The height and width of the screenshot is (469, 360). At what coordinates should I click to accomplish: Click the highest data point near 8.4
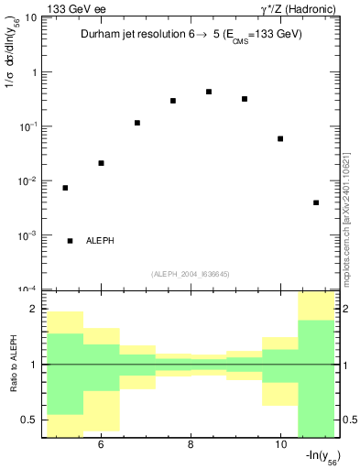point(209,92)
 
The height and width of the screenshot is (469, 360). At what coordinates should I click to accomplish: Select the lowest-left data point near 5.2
point(65,188)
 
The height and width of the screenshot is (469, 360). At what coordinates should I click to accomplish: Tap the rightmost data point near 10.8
point(316,202)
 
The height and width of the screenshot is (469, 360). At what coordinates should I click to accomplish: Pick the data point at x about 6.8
point(137,123)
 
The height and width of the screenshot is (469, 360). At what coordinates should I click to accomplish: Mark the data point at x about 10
point(280,138)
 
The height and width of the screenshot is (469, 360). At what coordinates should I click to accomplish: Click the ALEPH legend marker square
point(71,240)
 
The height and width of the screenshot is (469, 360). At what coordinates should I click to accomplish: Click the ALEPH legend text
point(100,240)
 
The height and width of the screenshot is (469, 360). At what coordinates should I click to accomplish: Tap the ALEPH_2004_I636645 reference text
point(189,273)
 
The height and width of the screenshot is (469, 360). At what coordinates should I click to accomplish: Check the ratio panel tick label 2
point(33,310)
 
